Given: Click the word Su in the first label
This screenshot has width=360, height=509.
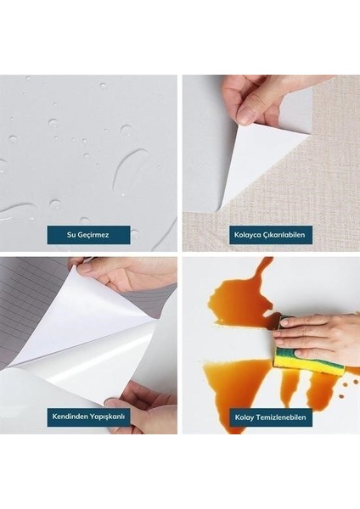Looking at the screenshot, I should click(71, 235).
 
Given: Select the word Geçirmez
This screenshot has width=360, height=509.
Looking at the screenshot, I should click(94, 235).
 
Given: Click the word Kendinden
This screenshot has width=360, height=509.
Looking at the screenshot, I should click(72, 418).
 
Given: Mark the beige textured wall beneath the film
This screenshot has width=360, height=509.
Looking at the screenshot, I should click(327, 170).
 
